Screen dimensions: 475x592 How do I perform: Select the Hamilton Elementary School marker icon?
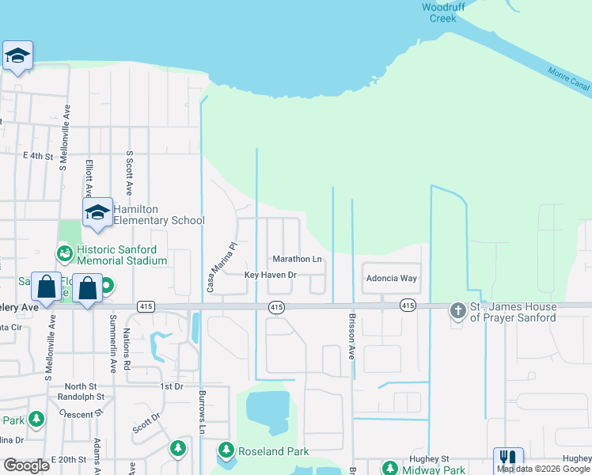[x=97, y=213]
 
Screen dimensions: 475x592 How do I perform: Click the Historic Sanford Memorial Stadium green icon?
[x=64, y=253]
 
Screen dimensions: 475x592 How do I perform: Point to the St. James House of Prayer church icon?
[x=458, y=311]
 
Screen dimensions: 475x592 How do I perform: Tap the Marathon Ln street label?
[x=297, y=259]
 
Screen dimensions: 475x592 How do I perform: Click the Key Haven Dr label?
[x=270, y=275]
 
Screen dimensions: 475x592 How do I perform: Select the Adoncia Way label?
[x=391, y=279]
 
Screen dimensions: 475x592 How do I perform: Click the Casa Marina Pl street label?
[x=211, y=268]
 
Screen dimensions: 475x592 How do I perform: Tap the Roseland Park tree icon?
[x=226, y=450]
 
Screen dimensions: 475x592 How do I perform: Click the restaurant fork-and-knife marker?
[x=508, y=459]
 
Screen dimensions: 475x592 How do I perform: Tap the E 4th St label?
[x=37, y=157]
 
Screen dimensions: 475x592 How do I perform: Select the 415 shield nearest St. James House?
[x=408, y=305]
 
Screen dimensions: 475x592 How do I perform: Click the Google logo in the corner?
[x=27, y=465]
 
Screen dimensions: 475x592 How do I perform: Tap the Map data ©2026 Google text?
[x=544, y=469]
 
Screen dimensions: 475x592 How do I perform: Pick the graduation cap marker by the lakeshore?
[x=17, y=56]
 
